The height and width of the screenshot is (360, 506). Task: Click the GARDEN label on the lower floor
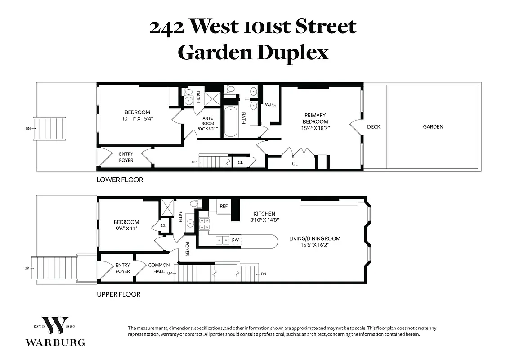click(x=433, y=127)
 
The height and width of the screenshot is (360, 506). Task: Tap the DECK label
click(x=373, y=127)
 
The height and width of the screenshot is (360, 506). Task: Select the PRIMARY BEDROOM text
click(x=315, y=118)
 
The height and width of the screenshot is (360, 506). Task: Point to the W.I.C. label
click(x=270, y=105)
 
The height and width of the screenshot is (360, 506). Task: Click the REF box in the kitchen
click(x=224, y=206)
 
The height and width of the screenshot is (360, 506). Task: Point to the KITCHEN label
click(x=264, y=214)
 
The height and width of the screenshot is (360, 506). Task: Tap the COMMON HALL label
click(x=159, y=268)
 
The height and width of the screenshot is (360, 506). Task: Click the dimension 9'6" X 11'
click(x=126, y=229)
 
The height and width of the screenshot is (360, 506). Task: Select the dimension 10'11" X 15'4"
click(x=137, y=119)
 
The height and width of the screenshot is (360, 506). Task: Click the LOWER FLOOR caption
click(x=120, y=180)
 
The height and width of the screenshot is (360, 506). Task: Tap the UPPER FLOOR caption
click(x=119, y=294)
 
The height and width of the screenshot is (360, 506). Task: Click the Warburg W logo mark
click(x=55, y=323)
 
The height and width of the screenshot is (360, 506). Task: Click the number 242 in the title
click(x=167, y=27)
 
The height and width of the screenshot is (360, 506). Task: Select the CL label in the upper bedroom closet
click(x=163, y=225)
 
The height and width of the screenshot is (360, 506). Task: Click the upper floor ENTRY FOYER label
click(x=122, y=268)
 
